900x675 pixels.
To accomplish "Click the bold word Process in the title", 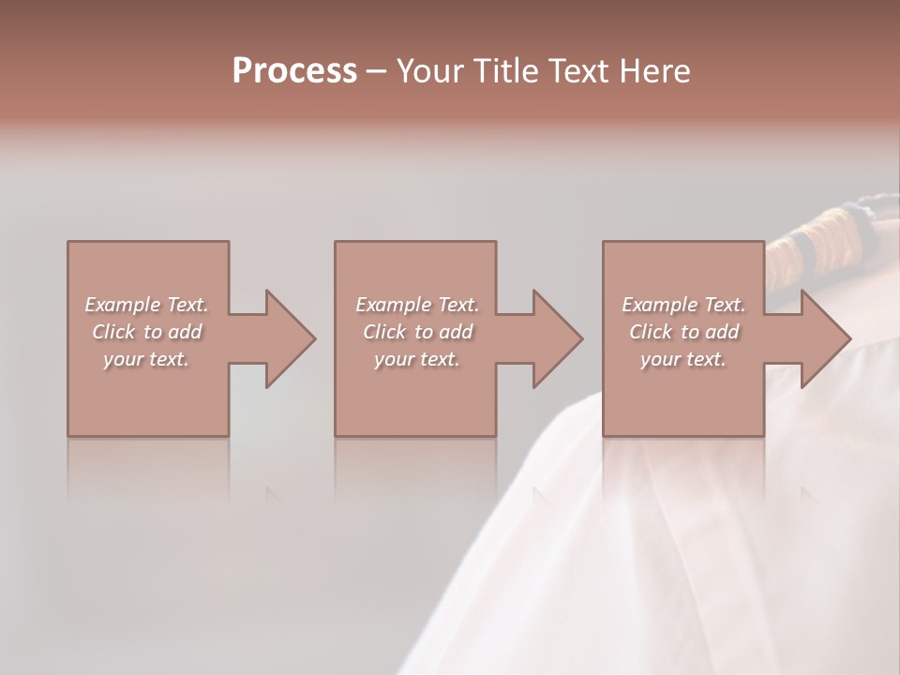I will [294, 71].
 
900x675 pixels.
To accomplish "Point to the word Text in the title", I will [578, 71].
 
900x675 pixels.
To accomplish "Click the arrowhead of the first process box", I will [288, 338].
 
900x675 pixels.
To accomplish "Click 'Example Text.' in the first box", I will [146, 305].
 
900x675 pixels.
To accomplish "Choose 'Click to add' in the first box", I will [146, 332].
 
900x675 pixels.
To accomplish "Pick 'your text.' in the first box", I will [146, 359].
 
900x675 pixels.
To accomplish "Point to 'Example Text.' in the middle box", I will [416, 305].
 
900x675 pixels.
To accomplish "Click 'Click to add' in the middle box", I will [416, 332].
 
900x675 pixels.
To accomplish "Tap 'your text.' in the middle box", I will [416, 359].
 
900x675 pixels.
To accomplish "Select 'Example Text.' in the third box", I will [683, 305].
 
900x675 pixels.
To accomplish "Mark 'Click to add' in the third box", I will [683, 332].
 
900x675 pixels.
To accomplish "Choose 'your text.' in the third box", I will [683, 359].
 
